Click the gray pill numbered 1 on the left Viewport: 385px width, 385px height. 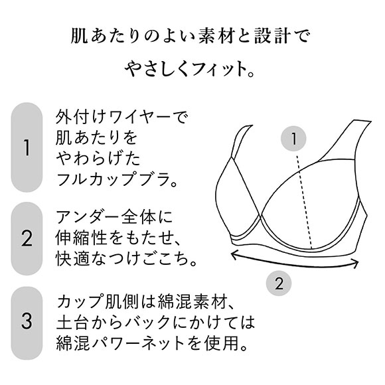[x=27, y=147]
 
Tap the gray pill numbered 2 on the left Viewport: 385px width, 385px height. [x=27, y=238]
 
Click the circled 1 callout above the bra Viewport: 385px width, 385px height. [x=293, y=139]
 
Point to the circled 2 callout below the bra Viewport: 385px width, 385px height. [x=279, y=283]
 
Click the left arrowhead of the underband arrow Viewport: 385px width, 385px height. [x=234, y=254]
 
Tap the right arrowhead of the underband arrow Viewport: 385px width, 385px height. [x=355, y=264]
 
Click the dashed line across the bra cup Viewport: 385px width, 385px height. [x=304, y=202]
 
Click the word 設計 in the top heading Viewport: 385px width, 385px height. [x=271, y=37]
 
